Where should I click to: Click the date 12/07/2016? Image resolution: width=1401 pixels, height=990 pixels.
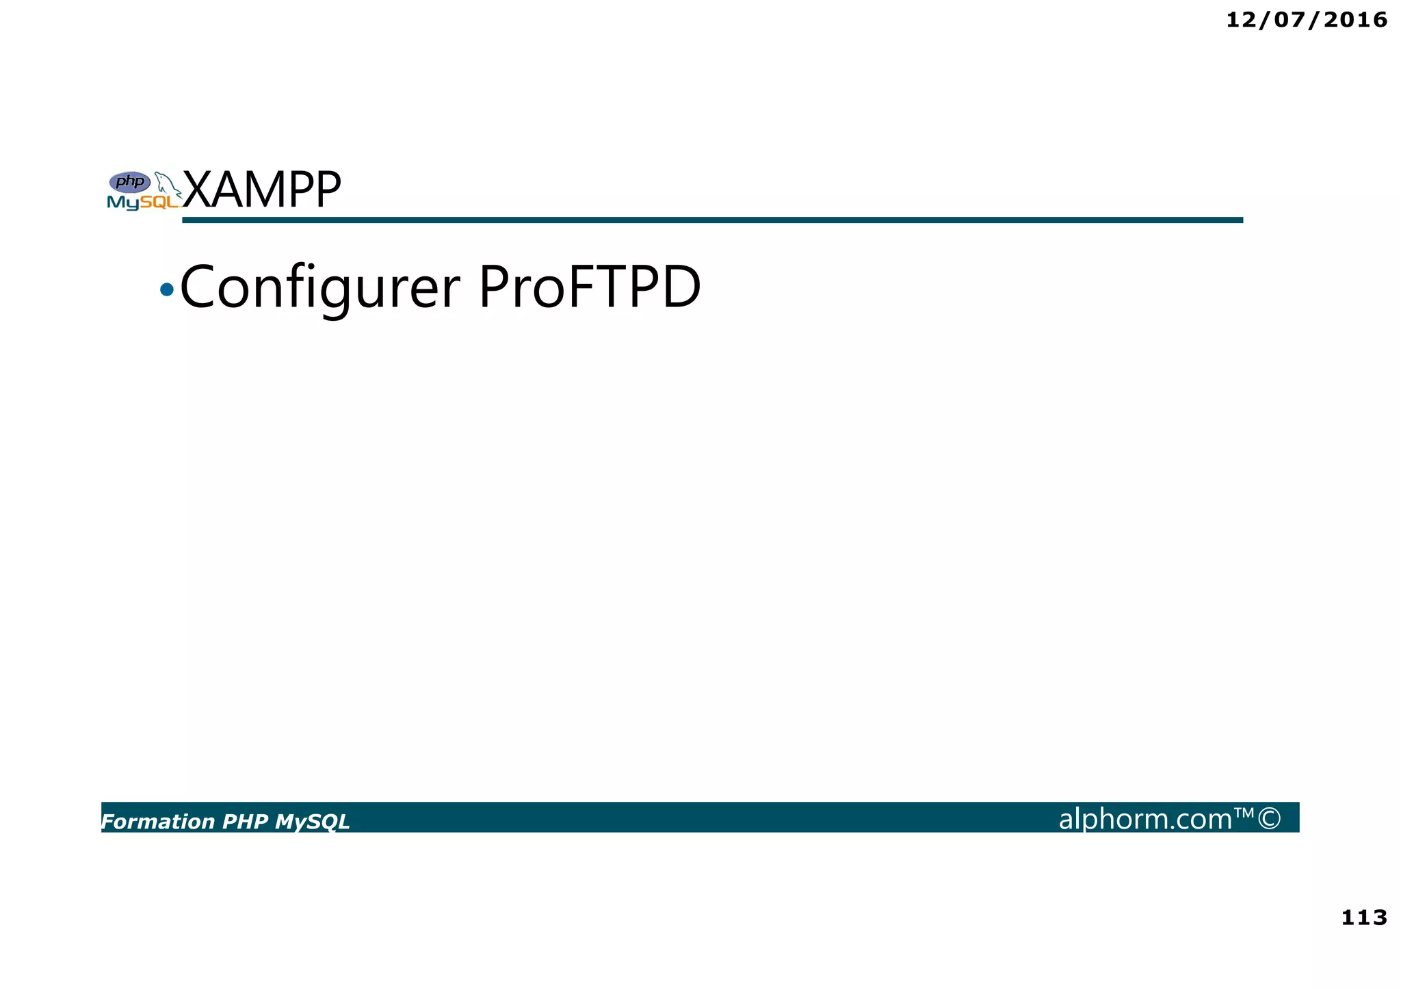tap(1306, 20)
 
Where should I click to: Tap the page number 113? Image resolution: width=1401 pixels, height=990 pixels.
tap(1363, 917)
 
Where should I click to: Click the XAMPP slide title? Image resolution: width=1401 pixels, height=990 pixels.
tap(262, 190)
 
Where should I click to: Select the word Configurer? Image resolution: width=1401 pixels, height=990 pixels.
tap(319, 288)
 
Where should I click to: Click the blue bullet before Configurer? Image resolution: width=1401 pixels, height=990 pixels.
tap(166, 290)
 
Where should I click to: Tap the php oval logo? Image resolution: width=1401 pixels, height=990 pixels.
tap(130, 182)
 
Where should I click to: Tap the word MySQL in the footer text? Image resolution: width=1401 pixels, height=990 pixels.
tap(312, 822)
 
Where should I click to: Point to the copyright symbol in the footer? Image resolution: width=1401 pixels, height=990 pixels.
tap(1269, 819)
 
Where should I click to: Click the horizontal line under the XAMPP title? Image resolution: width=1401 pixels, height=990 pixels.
tap(711, 220)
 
